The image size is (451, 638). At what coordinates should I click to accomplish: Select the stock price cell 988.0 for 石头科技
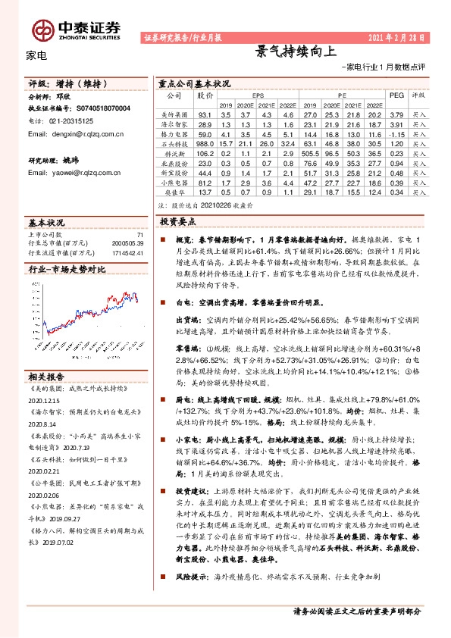[205, 143]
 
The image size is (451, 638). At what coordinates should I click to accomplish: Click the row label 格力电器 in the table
[173, 133]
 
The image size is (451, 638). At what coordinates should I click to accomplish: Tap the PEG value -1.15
[396, 133]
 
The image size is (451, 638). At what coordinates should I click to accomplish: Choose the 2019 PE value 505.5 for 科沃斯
[309, 153]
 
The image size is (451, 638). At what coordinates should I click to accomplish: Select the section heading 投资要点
[178, 221]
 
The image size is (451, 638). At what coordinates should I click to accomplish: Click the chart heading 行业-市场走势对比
[67, 268]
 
